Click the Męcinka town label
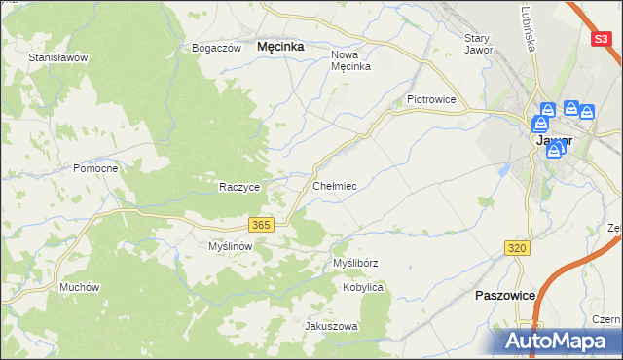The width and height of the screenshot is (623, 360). pyautogui.click(x=280, y=46)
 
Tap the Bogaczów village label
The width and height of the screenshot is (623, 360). pyautogui.click(x=216, y=48)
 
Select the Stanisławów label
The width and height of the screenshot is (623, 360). pyautogui.click(x=58, y=57)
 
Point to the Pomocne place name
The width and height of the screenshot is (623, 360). pyautogui.click(x=95, y=168)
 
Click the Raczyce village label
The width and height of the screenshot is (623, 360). pyautogui.click(x=238, y=187)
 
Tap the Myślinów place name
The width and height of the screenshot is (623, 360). pyautogui.click(x=231, y=246)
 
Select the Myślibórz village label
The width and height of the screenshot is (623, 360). pyautogui.click(x=355, y=263)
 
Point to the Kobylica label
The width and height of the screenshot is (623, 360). pyautogui.click(x=363, y=288)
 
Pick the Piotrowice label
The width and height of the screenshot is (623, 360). pyautogui.click(x=431, y=99)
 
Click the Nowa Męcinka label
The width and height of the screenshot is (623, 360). pyautogui.click(x=352, y=60)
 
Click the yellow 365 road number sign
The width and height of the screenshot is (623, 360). pyautogui.click(x=260, y=225)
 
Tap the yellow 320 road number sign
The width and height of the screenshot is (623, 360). pyautogui.click(x=518, y=249)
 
